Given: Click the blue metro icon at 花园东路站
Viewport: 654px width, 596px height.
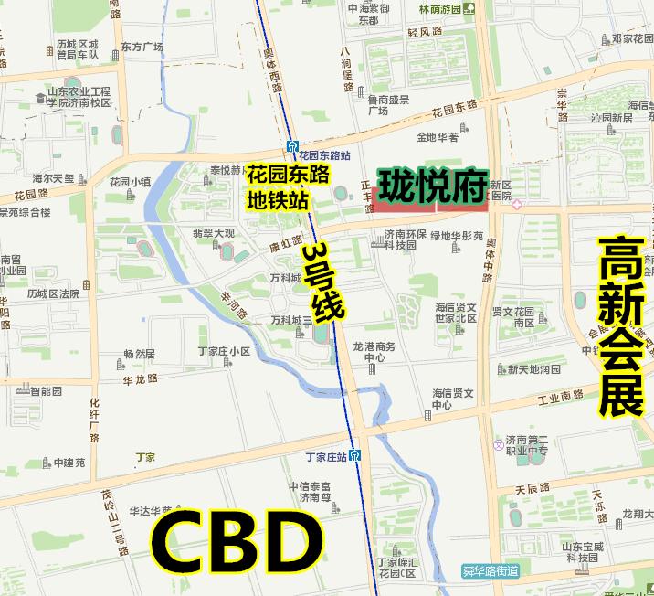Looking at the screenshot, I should point(291,145).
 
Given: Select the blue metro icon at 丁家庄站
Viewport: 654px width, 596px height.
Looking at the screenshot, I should point(354,456).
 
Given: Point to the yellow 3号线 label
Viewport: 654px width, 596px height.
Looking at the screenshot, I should point(323,281).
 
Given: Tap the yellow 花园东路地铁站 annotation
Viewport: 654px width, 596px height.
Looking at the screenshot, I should point(288,186).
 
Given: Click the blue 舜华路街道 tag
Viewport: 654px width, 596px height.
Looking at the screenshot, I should point(490,571).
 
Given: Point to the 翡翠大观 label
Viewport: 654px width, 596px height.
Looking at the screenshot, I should point(213,234).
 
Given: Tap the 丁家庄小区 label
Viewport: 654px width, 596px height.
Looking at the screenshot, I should point(227,351).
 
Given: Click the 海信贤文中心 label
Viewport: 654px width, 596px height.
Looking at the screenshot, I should point(454,399).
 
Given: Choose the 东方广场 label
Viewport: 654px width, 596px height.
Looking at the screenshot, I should point(142,47).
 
